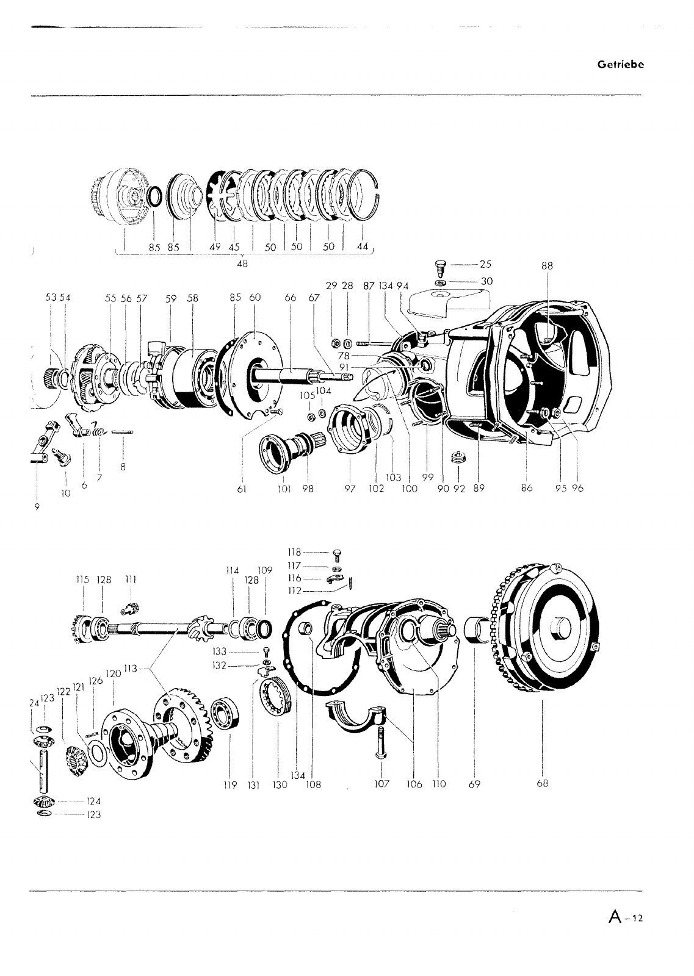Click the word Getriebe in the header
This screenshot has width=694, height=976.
[x=620, y=65]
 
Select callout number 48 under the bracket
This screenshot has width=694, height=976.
[x=242, y=264]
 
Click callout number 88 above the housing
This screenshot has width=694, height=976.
[x=547, y=265]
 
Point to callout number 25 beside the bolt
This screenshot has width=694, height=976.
[x=485, y=264]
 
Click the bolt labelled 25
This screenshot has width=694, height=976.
[x=441, y=267]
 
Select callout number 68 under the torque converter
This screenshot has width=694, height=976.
[x=542, y=784]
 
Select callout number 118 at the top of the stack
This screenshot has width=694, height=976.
[x=295, y=553]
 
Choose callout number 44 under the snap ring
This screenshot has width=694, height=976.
[x=363, y=247]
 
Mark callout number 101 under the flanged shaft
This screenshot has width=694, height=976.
[x=284, y=488]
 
